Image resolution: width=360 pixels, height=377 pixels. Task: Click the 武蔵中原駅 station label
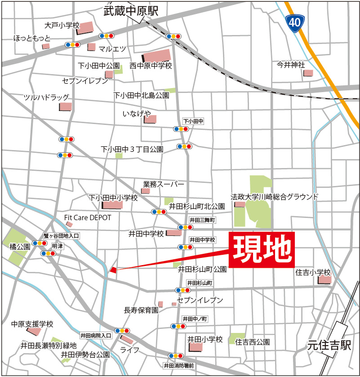pos(130,11)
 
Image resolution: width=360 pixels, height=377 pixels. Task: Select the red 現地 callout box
pos(262,250)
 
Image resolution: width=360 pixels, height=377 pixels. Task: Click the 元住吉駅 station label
pos(329,345)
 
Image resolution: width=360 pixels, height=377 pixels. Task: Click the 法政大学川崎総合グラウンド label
pos(274,196)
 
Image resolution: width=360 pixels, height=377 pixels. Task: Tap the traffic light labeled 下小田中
pos(182,129)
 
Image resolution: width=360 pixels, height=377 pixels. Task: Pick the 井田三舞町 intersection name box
pos(202,220)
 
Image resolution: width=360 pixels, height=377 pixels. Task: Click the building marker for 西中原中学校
pos(156,56)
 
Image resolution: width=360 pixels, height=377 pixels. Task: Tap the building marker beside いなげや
pos(150,119)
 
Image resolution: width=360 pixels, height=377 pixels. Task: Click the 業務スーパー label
pos(164,184)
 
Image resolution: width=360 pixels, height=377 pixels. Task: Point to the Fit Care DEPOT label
pos(88,217)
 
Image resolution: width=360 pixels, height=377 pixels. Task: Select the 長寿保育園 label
pos(141,310)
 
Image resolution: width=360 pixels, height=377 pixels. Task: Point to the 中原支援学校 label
pos(32,324)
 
